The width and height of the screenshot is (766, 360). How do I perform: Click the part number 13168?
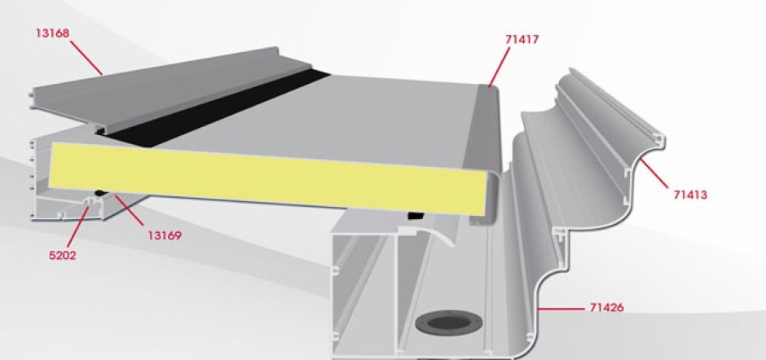click(x=52, y=33)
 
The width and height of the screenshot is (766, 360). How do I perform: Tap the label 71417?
click(x=522, y=40)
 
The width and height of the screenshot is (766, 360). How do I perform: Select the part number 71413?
click(x=690, y=195)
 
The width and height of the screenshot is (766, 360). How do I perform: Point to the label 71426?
click(x=607, y=308)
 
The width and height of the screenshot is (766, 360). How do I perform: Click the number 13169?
click(x=165, y=235)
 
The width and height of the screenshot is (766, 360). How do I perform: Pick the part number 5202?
click(x=63, y=255)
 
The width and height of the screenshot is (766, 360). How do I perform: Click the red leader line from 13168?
click(x=86, y=58)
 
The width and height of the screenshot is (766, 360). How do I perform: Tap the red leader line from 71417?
click(x=500, y=68)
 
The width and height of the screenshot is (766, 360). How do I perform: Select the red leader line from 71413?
click(x=654, y=173)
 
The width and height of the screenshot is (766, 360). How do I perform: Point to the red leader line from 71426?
click(x=561, y=309)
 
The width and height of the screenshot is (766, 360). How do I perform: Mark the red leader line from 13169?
click(x=130, y=210)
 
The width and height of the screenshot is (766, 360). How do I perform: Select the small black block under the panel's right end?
click(x=416, y=215)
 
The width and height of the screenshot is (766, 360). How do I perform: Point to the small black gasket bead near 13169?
click(x=100, y=193)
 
